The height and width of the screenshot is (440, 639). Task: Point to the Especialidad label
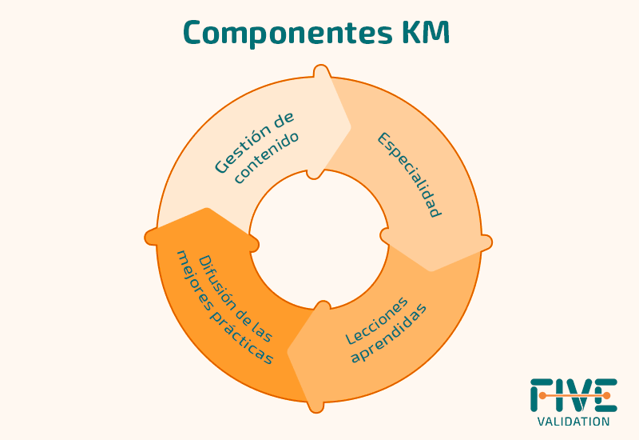click(409, 175)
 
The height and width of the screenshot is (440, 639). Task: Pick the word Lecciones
click(376, 320)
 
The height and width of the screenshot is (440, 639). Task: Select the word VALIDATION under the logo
click(574, 422)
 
